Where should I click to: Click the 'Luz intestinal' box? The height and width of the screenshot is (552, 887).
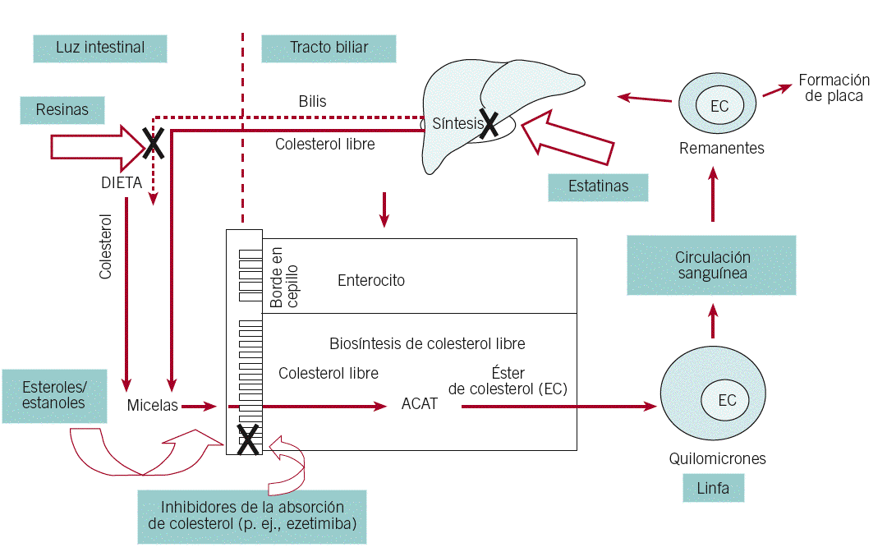coord(100,48)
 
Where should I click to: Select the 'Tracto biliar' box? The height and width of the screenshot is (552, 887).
coord(329,48)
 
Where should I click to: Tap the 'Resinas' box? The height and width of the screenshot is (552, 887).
coord(62,109)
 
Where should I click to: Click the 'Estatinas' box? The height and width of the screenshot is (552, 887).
coord(598,186)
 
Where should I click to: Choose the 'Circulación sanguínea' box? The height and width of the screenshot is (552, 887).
coord(711,264)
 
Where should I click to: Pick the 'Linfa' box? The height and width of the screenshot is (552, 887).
coord(712,489)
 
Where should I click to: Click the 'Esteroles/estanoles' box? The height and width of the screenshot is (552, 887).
coord(53,395)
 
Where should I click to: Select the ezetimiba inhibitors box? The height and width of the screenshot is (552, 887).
coord(251,516)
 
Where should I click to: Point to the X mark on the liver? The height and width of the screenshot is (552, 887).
coord(489,124)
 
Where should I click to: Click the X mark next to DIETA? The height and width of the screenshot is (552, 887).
coord(152,142)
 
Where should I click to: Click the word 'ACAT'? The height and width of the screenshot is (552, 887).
coord(419,404)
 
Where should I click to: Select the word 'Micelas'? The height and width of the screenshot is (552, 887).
coord(153,406)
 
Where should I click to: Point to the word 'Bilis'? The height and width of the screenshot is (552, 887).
coord(312,102)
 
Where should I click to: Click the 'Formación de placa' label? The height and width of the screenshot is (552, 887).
coord(834,88)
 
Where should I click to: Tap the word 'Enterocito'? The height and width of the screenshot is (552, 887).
coord(371,281)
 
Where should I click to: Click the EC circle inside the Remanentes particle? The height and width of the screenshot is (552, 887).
coord(719,106)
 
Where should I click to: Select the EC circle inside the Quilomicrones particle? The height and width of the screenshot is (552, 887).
coord(727,400)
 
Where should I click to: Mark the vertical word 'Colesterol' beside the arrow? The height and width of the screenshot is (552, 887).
coord(105,246)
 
